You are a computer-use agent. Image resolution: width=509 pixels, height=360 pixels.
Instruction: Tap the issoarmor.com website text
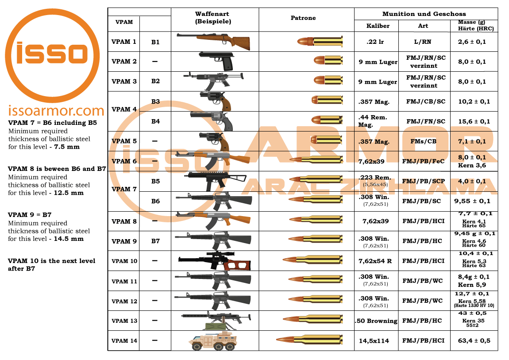[56, 111]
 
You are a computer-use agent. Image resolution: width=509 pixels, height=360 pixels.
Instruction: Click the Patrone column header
[303, 18]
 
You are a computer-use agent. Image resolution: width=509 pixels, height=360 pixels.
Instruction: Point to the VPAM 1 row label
[124, 42]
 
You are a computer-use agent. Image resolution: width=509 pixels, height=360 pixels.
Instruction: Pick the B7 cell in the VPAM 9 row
[155, 241]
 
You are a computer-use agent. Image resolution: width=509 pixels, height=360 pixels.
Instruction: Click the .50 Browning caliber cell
[376, 321]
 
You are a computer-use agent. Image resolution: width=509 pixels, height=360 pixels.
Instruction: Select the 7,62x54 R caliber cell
[375, 261]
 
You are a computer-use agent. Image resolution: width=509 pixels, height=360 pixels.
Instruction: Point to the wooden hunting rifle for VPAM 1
[214, 40]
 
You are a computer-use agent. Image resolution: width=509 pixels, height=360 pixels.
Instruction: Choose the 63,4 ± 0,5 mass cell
[474, 341]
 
